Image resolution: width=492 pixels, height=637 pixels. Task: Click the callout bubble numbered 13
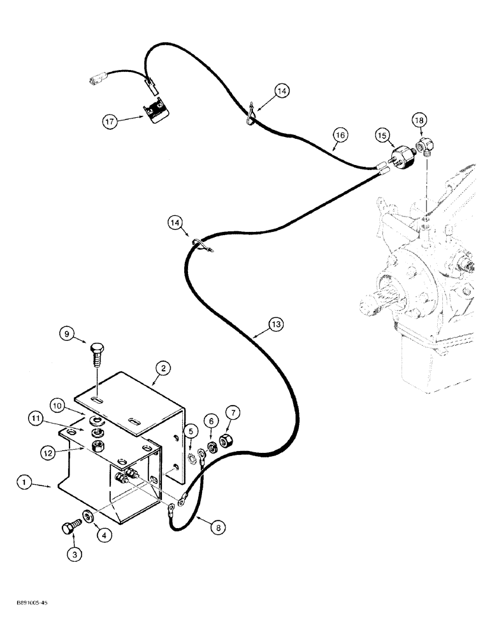pos(275,325)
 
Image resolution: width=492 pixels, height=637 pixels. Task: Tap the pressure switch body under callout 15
pos(403,157)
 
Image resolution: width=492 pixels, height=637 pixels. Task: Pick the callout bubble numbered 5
pos(189,432)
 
